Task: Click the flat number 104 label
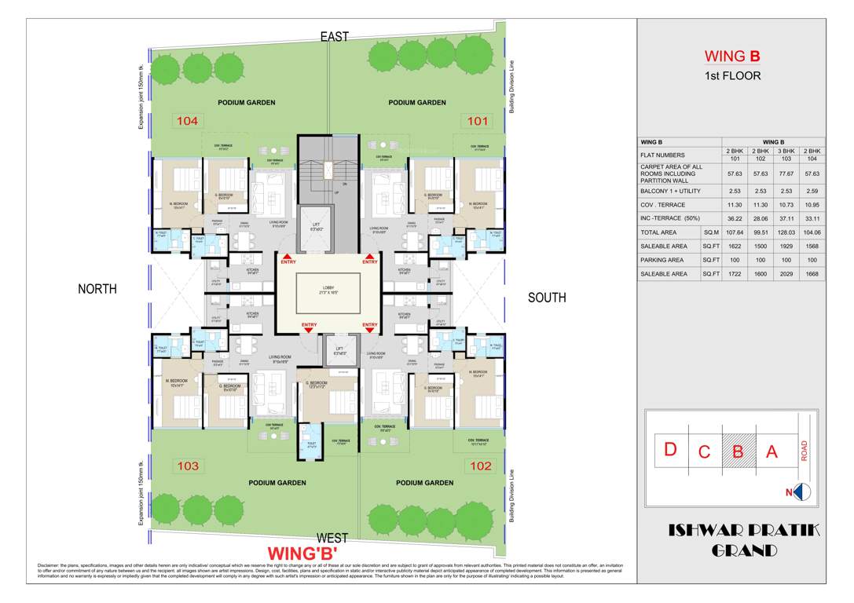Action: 188,121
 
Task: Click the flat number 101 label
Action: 478,121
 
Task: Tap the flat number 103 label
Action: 188,466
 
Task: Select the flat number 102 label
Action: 480,466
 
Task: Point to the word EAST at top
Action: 334,36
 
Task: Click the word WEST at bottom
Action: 333,537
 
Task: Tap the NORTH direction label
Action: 97,289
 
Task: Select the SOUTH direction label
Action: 547,298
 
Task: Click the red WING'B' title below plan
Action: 302,553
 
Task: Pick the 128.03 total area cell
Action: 789,232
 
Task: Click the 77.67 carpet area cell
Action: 789,173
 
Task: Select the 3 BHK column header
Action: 789,150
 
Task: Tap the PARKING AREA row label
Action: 662,260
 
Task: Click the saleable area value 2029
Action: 789,274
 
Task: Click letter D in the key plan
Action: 670,450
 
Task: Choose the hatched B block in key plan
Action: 738,451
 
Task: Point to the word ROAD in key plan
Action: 804,450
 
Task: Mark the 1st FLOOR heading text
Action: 731,76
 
